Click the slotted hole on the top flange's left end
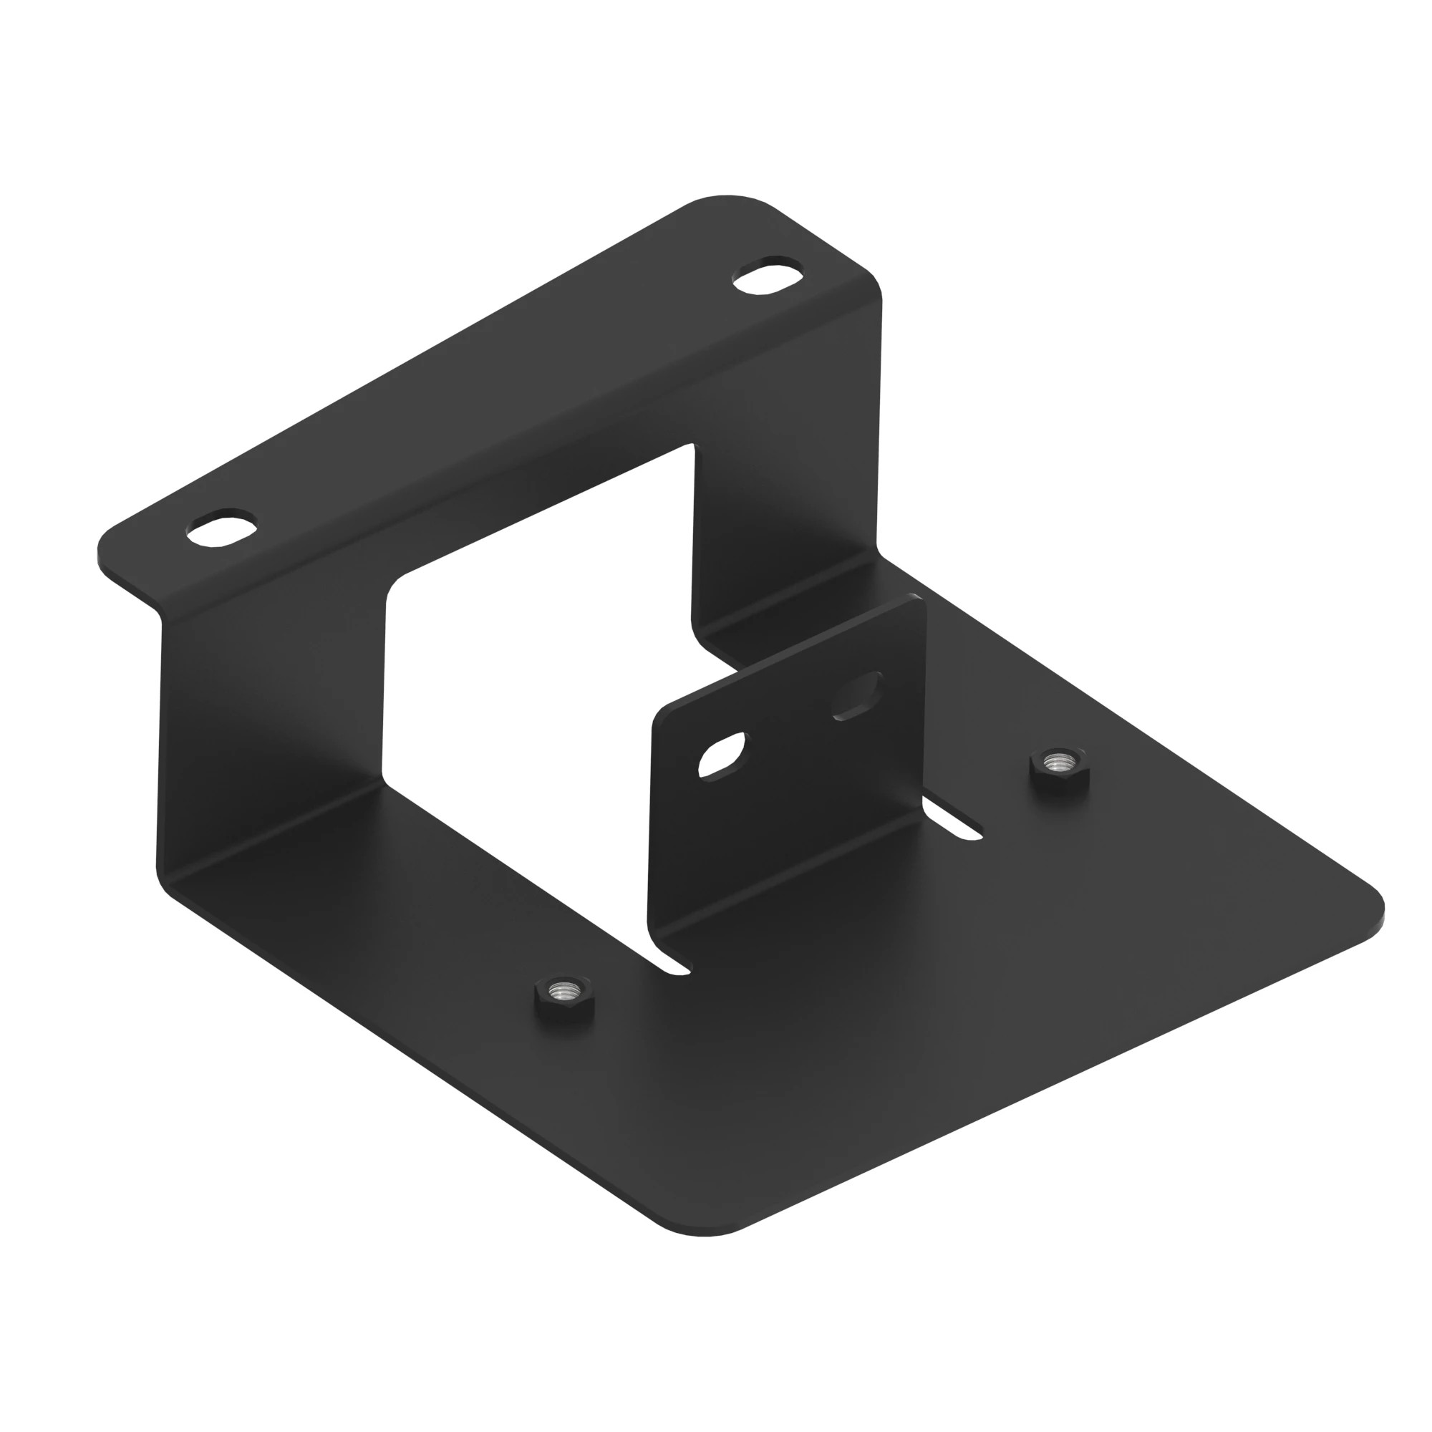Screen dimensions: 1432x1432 [x=223, y=530]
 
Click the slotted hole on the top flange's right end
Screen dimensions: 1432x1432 [x=768, y=277]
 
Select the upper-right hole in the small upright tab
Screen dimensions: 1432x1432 [x=858, y=695]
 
